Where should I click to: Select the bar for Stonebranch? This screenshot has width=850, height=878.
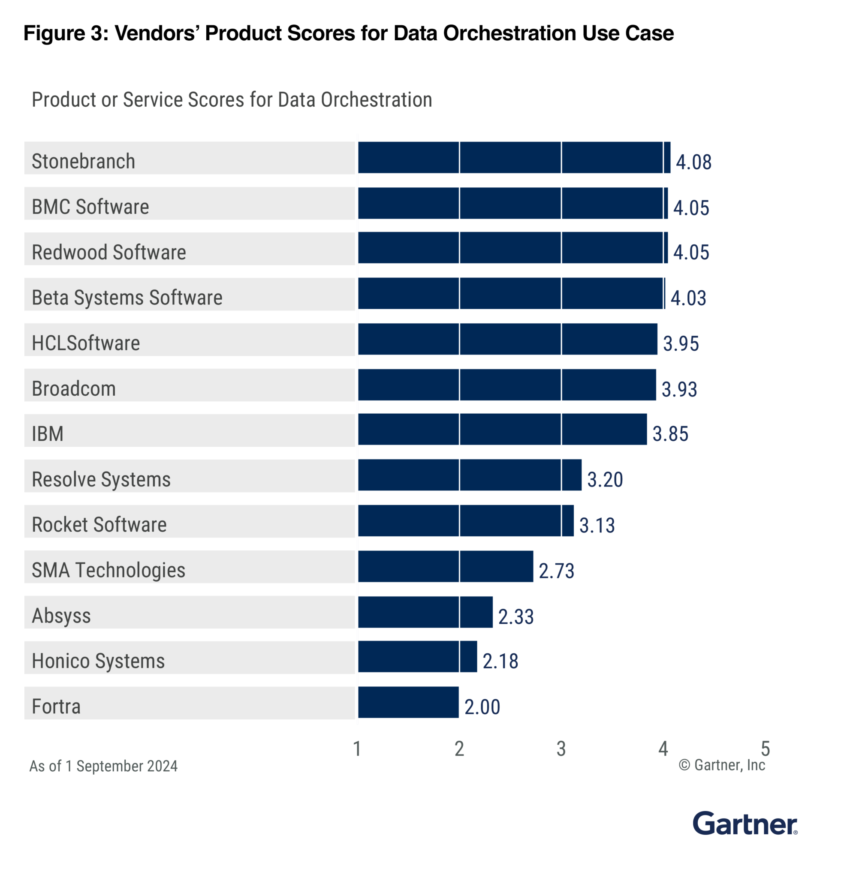tap(513, 157)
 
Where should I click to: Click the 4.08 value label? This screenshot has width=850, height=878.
tap(693, 162)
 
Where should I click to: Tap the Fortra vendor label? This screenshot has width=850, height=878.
tap(57, 707)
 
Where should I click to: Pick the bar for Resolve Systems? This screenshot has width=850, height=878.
tap(469, 475)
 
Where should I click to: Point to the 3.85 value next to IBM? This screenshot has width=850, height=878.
tap(670, 433)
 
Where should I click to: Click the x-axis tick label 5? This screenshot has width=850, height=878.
tap(765, 749)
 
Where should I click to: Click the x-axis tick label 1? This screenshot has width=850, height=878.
tap(357, 749)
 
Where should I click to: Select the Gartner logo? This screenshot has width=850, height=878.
tap(744, 824)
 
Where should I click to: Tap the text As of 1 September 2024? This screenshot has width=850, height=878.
tap(103, 766)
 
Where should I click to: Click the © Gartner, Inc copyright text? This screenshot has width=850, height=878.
tap(721, 765)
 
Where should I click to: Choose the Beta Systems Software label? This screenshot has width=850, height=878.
tap(127, 298)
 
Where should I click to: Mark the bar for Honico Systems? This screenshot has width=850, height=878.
tap(417, 657)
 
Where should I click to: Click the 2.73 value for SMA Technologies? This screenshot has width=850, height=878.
tap(556, 571)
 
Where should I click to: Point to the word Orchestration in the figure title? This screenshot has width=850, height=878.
tap(509, 33)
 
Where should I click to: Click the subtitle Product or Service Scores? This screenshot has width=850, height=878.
tap(232, 99)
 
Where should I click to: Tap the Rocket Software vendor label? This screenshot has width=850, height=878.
tap(99, 525)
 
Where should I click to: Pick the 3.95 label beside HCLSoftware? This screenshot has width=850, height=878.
tap(680, 343)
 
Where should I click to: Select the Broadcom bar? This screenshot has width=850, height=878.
tap(506, 385)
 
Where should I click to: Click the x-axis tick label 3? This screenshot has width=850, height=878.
tap(561, 749)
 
